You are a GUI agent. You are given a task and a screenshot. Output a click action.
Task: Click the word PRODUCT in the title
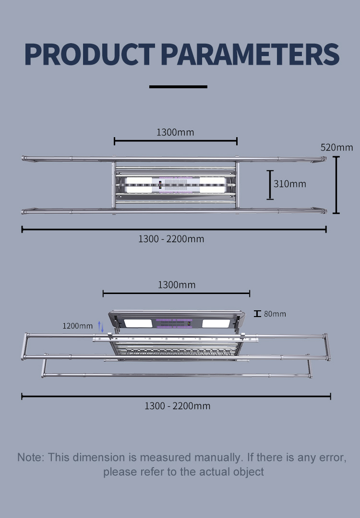(x=90, y=54)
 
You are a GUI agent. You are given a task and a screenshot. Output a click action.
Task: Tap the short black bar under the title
(x=178, y=87)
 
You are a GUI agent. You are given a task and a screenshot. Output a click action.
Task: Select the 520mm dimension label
(x=336, y=147)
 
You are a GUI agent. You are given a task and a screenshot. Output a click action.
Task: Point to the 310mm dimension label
(x=289, y=184)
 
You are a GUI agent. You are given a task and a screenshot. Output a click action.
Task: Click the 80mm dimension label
(x=275, y=314)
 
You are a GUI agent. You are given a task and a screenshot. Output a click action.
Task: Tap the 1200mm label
(x=77, y=326)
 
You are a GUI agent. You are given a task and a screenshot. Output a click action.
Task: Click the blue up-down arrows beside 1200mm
(x=100, y=327)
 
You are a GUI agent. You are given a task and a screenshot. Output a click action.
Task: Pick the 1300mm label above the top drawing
(x=175, y=132)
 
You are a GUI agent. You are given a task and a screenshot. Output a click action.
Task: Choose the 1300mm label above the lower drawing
(x=177, y=285)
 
